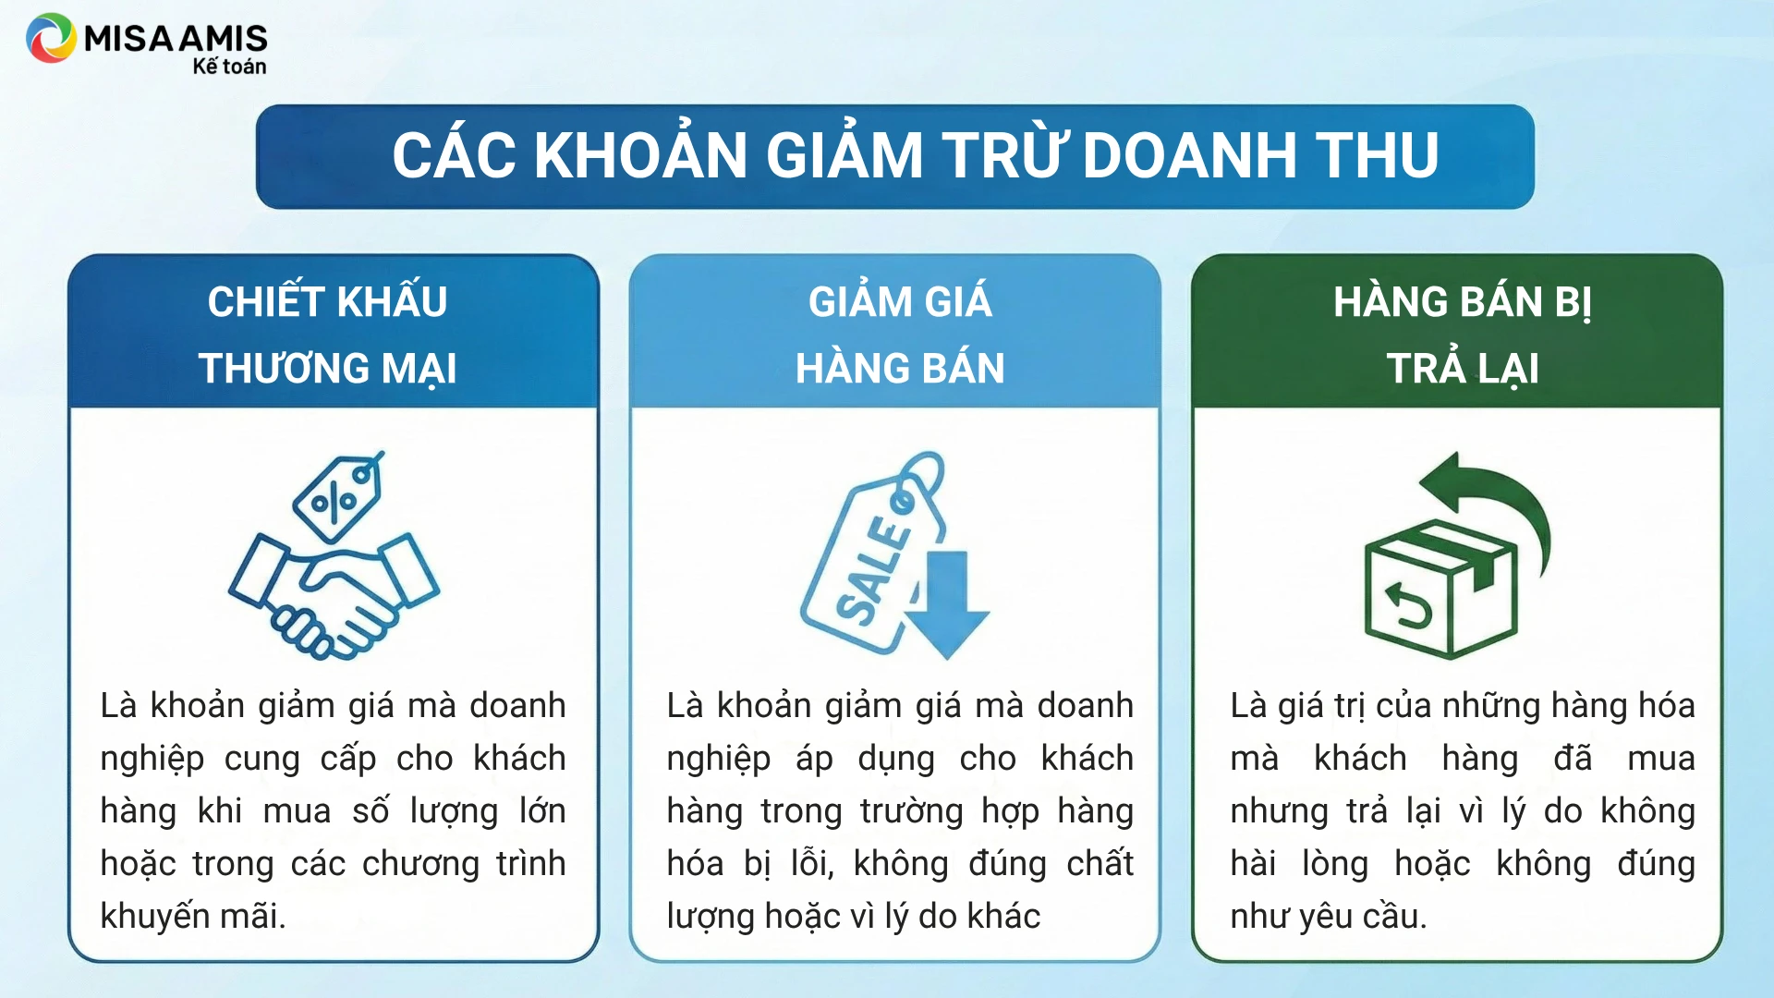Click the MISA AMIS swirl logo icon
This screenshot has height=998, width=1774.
tap(51, 38)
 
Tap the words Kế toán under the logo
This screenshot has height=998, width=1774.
tap(229, 67)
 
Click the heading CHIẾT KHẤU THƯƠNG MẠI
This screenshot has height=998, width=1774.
tap(328, 335)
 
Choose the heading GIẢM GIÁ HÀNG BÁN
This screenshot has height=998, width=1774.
tap(900, 335)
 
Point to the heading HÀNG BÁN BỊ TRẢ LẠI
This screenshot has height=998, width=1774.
tap(1463, 335)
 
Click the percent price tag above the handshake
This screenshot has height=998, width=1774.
tap(337, 496)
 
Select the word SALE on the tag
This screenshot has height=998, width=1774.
tap(873, 571)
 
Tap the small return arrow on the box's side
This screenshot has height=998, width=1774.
tap(1406, 605)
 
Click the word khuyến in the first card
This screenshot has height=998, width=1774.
tap(154, 917)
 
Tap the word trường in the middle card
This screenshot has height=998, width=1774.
tap(911, 811)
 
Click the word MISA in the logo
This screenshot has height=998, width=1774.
tap(128, 38)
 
